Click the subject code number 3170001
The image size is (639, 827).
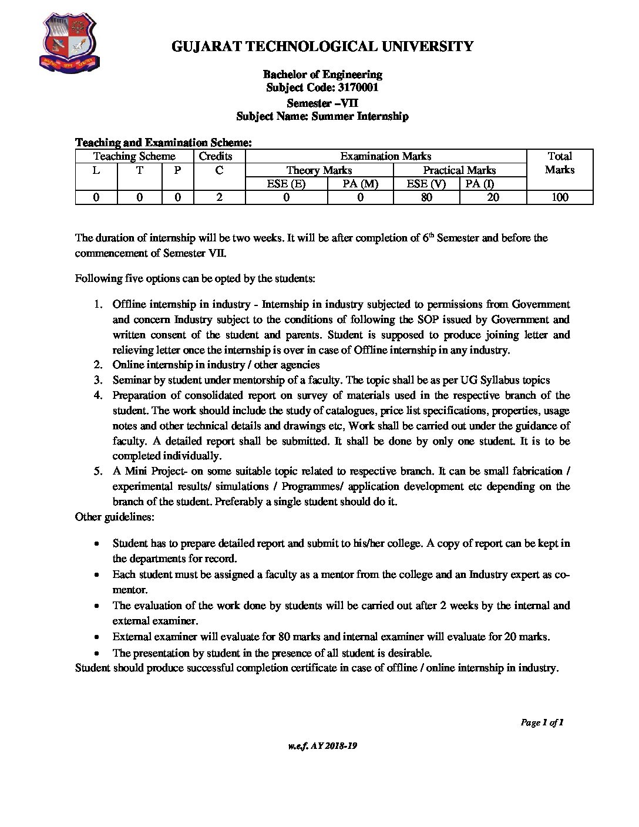358,88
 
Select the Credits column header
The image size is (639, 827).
216,156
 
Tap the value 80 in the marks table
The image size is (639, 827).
426,197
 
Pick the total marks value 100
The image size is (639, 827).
560,197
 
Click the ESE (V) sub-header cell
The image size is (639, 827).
426,184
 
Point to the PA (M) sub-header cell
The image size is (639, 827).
360,184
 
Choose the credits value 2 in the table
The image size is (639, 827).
219,197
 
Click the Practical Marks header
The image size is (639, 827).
459,170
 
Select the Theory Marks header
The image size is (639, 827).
319,170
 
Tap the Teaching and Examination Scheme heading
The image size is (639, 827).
163,143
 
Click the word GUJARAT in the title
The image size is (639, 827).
205,46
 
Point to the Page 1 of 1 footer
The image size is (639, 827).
542,722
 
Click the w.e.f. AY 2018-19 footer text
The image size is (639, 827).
322,746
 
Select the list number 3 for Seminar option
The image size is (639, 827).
98,380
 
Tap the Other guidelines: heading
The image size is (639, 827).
115,517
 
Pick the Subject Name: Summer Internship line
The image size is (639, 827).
322,116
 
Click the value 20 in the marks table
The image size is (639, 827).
493,197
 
